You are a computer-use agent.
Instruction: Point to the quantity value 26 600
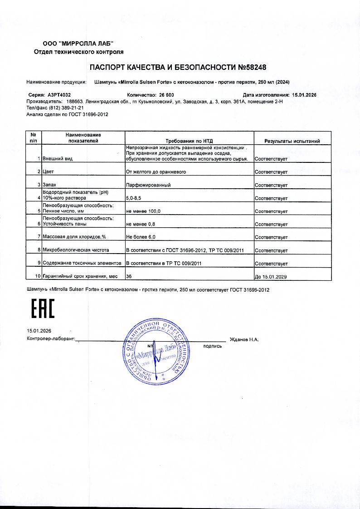[x=166, y=95]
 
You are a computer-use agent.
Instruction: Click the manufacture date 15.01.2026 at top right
[x=303, y=95]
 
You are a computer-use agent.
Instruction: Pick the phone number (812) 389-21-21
[x=67, y=108]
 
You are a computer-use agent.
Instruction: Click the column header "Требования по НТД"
[x=190, y=141]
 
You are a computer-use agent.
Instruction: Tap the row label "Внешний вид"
[x=57, y=159]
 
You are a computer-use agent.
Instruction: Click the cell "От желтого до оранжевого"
[x=156, y=172]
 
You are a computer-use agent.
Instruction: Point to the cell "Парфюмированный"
[x=148, y=186]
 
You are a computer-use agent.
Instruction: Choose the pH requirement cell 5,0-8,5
[x=134, y=198]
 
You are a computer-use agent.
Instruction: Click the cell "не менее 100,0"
[x=143, y=211]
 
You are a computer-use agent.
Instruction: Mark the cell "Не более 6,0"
[x=141, y=237]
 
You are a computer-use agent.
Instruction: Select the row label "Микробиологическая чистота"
[x=76, y=250]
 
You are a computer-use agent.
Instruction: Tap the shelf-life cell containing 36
[x=129, y=276]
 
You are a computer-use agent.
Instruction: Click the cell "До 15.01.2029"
[x=272, y=276]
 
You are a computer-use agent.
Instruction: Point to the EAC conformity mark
[x=42, y=308]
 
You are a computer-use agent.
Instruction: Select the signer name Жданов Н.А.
[x=244, y=339]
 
